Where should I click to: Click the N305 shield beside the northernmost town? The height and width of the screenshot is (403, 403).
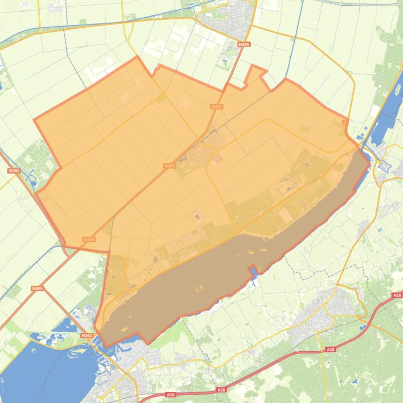(x=243, y=45)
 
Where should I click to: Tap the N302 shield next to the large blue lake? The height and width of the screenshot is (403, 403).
(x=87, y=335)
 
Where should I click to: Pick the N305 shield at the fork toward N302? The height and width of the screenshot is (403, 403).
(x=37, y=288)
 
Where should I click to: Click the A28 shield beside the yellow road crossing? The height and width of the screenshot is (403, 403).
(x=330, y=349)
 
